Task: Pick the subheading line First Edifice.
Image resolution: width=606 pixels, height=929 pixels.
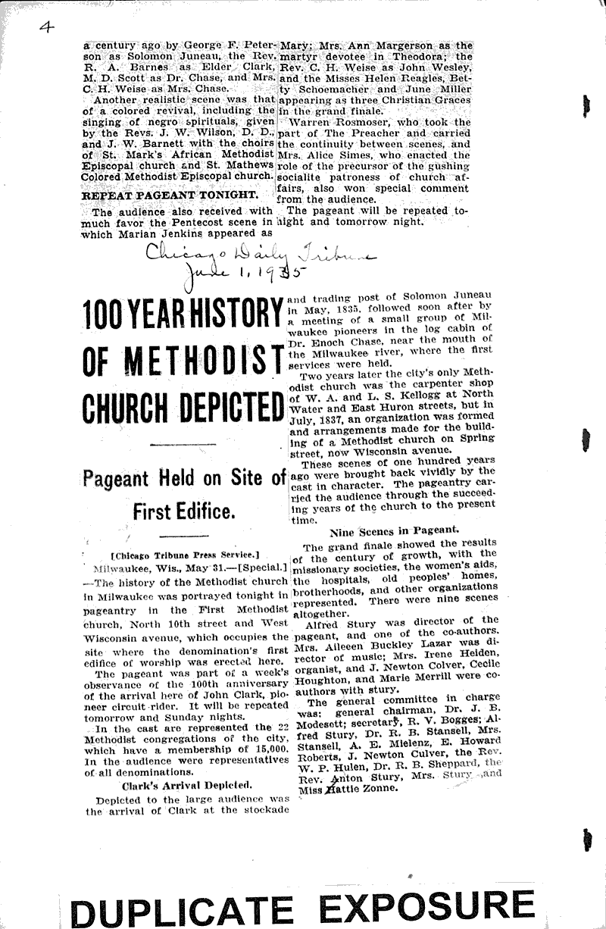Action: click(183, 511)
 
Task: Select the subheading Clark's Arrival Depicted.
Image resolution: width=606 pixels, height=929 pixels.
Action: click(181, 784)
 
